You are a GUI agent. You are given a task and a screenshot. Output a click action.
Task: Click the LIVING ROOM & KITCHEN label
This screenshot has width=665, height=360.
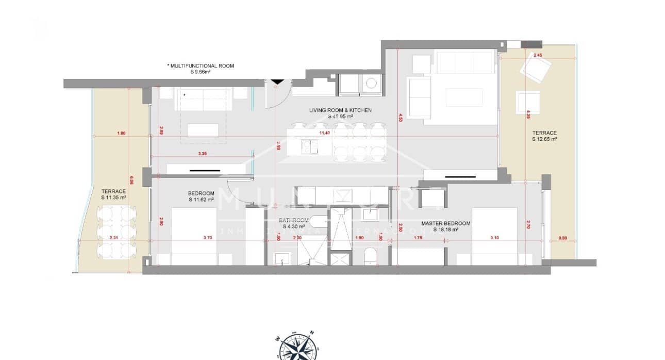pos(340,110)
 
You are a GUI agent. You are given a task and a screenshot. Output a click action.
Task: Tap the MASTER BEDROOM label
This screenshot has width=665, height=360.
pos(445,223)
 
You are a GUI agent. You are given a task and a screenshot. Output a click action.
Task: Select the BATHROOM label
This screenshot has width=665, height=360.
pos(294,220)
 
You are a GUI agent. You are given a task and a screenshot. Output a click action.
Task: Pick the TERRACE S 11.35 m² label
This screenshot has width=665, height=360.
pos(114,194)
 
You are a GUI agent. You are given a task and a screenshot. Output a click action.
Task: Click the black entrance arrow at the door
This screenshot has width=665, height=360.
pos(277,81)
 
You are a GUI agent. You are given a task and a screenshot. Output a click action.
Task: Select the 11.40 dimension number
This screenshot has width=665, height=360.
pos(324,133)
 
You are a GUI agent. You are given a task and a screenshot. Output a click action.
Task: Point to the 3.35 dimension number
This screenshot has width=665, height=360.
pos(202,153)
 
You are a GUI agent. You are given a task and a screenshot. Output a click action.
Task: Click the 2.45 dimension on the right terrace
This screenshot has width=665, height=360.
pos(538,55)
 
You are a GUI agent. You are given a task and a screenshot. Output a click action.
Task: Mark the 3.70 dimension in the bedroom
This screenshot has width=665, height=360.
pos(208,238)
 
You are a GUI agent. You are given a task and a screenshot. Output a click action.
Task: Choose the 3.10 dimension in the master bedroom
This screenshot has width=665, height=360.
pos(494,238)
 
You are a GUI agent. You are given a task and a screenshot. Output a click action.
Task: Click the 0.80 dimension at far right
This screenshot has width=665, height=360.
pos(562,238)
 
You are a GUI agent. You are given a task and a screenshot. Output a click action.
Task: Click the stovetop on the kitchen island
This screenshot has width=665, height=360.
pos(309,147)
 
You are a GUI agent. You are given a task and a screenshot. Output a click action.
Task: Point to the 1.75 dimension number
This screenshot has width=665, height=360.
pos(418,238)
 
